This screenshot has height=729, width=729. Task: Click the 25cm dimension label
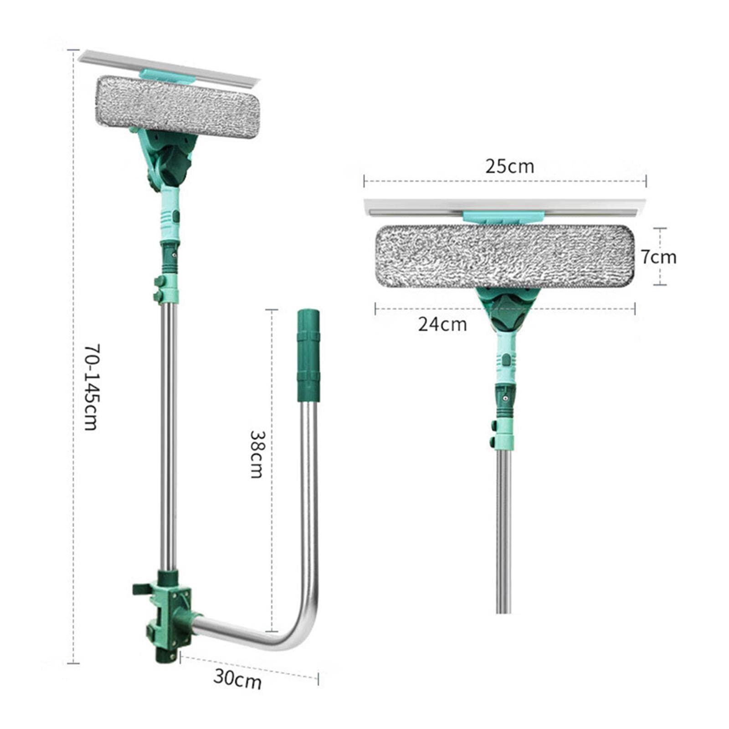coord(509,166)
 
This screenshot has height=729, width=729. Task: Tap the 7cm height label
coord(659,257)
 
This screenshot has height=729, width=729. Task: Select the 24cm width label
coord(442,324)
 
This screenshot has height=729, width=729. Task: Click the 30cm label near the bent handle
coord(237,679)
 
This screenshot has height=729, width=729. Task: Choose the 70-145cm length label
coord(91,387)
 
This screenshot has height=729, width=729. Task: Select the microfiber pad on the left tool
coord(178,107)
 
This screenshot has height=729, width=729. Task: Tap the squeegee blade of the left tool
coord(169,68)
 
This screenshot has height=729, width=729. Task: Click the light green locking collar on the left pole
coord(167,289)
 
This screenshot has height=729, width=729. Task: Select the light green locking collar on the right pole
coord(503,433)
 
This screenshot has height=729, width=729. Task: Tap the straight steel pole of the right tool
coord(503,529)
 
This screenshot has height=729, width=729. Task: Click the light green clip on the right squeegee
coord(503,217)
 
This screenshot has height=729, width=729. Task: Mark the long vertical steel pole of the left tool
coord(168,433)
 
